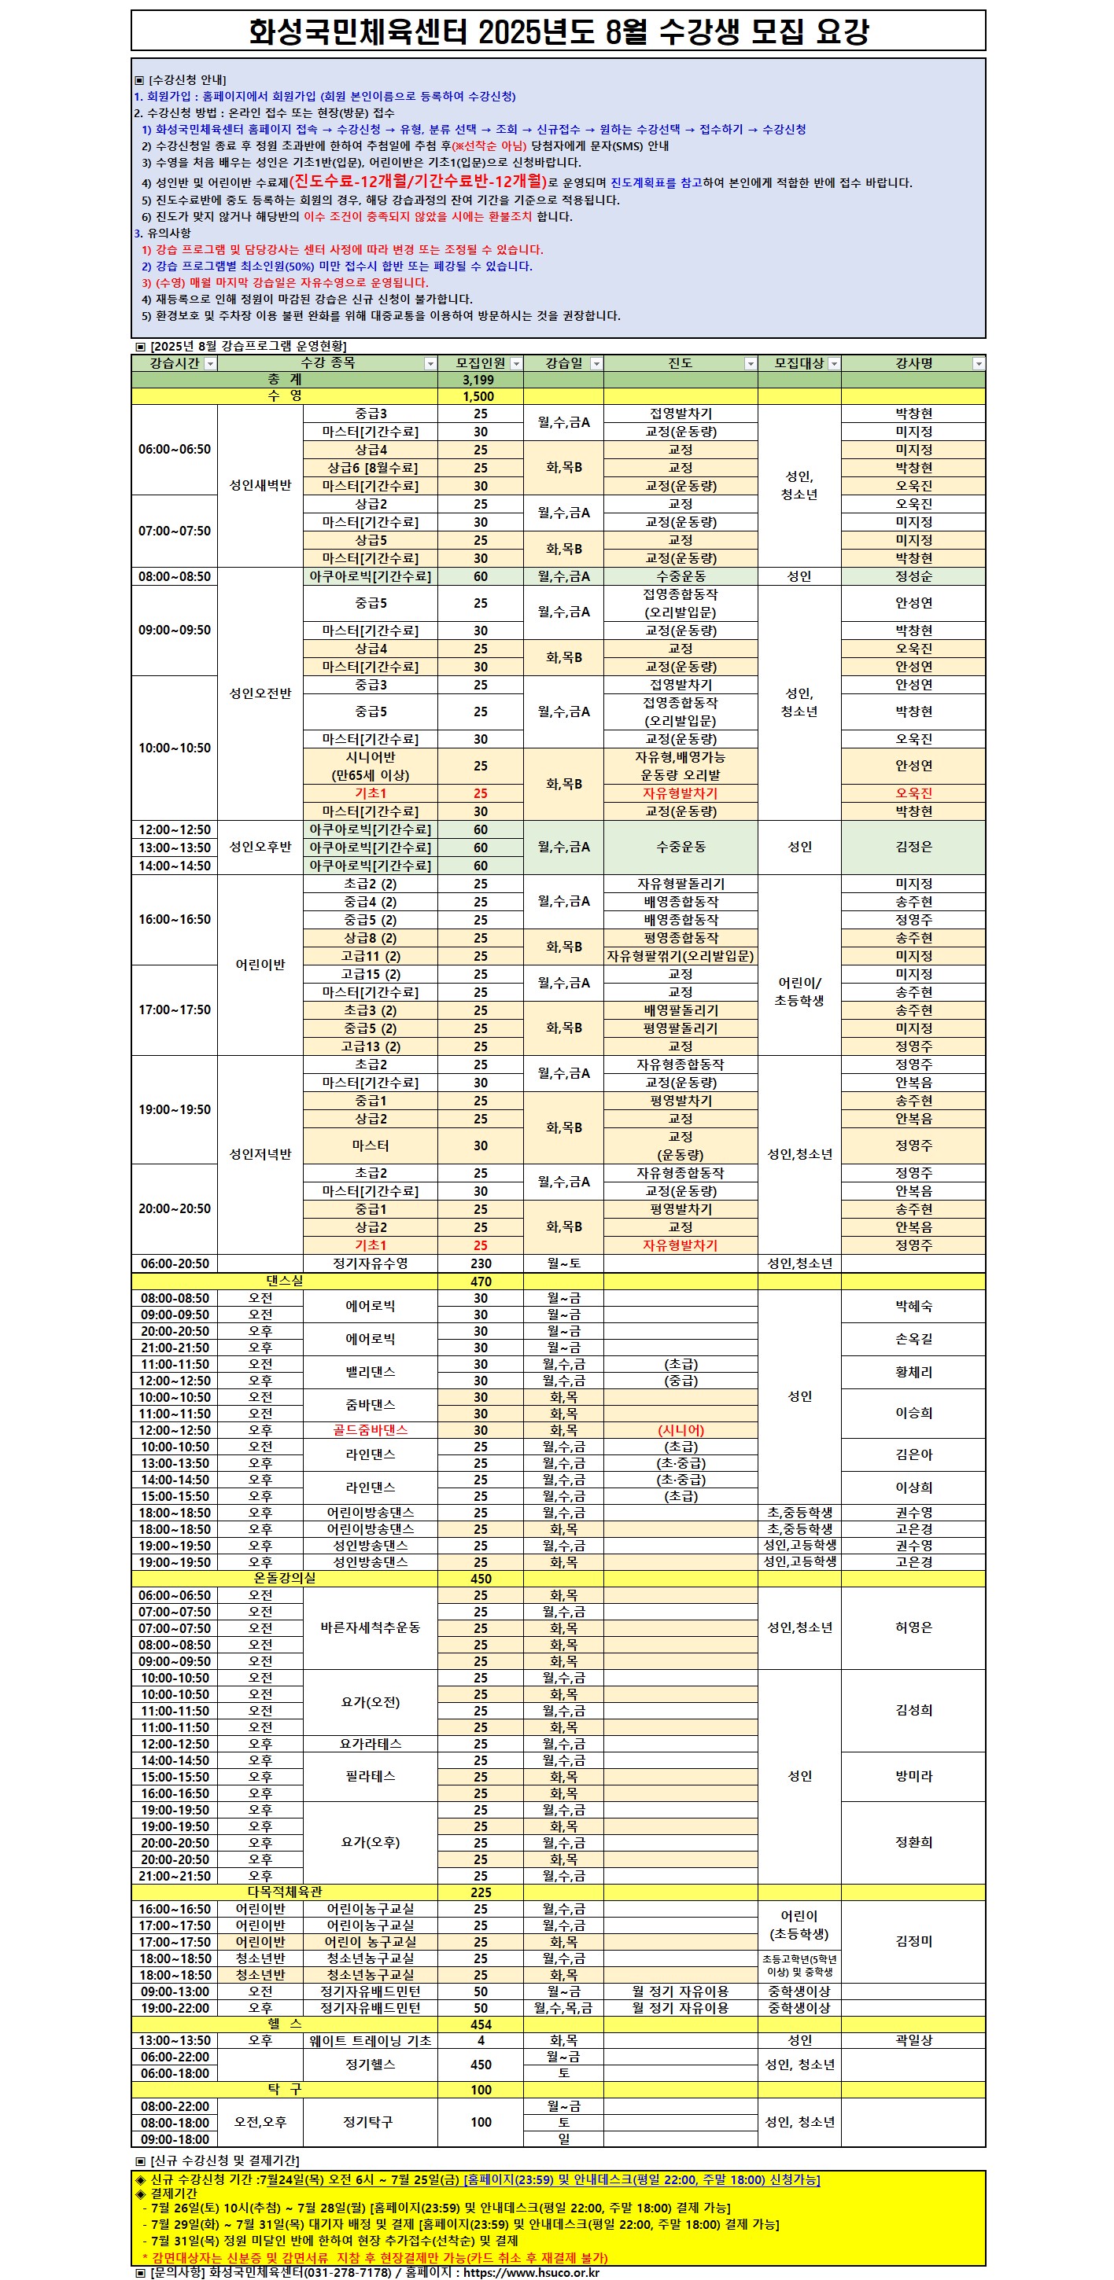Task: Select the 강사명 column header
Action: pos(912,363)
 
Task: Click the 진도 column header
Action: pos(679,363)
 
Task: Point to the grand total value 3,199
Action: pos(479,380)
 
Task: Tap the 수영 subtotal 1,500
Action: pos(479,396)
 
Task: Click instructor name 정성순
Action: pos(913,576)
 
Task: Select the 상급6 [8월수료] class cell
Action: pos(371,467)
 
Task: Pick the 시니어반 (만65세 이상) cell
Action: pos(371,766)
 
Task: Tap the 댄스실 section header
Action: pos(284,1281)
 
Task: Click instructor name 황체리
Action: pos(913,1372)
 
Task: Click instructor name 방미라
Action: pos(913,1775)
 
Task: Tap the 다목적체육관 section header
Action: pos(284,1892)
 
